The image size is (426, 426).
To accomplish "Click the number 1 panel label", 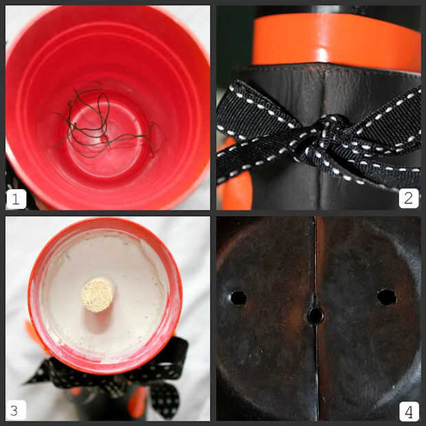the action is [x=16, y=199].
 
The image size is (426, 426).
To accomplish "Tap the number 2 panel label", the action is [x=409, y=198].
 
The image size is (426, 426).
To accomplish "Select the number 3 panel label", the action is [x=16, y=410].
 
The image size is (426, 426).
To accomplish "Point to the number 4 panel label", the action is [x=409, y=412].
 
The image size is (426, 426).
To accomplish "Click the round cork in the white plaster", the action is [x=98, y=295].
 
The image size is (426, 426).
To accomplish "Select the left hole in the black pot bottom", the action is [x=238, y=298].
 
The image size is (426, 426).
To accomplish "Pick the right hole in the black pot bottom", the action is [x=387, y=297].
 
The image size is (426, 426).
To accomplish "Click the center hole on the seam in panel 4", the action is [x=315, y=315].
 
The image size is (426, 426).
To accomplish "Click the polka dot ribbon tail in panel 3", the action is [x=164, y=400].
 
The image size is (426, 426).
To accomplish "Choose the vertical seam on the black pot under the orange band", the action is [x=325, y=89].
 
